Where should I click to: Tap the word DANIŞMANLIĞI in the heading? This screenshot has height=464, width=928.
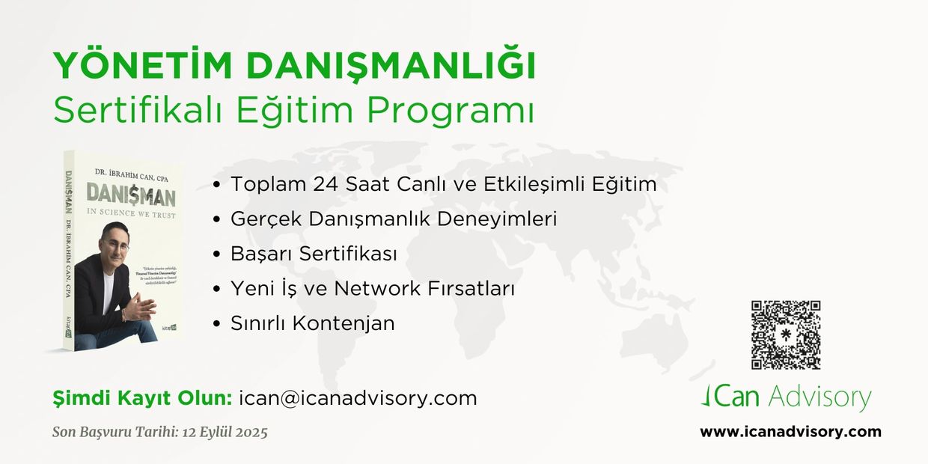391,67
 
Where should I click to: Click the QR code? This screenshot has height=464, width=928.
786,335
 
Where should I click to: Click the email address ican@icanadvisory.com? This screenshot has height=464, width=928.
358,398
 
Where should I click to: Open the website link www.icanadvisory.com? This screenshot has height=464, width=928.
790,432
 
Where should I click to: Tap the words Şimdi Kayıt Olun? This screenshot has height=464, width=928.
142,398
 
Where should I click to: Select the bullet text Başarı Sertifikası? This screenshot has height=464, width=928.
314,254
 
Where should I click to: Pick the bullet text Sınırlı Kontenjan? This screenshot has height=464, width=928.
312,323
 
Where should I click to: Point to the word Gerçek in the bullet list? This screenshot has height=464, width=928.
263,219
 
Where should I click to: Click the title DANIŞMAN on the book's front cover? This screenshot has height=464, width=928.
130,196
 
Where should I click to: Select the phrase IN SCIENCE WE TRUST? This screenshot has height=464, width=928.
130,215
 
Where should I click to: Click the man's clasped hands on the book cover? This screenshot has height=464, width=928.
140,307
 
